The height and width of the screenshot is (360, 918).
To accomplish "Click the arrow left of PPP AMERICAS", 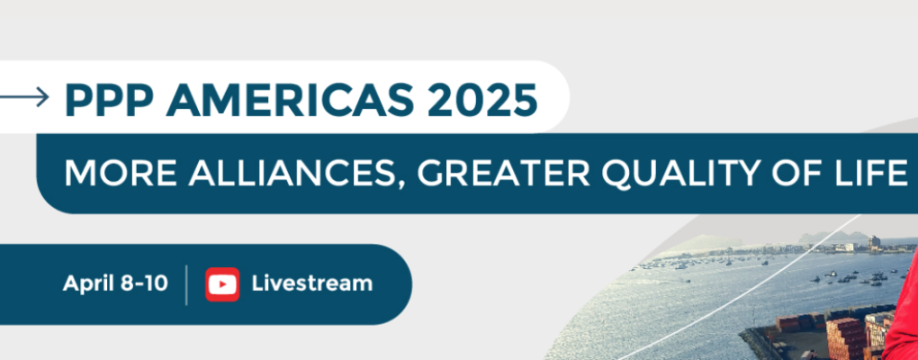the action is pyautogui.click(x=24, y=96).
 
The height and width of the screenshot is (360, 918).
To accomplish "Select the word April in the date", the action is pyautogui.click(x=88, y=284).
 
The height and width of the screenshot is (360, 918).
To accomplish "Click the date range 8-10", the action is pyautogui.click(x=144, y=283).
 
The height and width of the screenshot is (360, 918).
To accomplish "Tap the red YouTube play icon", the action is pyautogui.click(x=222, y=284).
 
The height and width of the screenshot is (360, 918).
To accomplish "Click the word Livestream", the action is pyautogui.click(x=312, y=283).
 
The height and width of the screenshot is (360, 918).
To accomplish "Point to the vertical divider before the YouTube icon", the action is pyautogui.click(x=187, y=285).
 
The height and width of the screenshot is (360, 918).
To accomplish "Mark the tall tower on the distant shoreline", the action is pyautogui.click(x=874, y=243).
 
